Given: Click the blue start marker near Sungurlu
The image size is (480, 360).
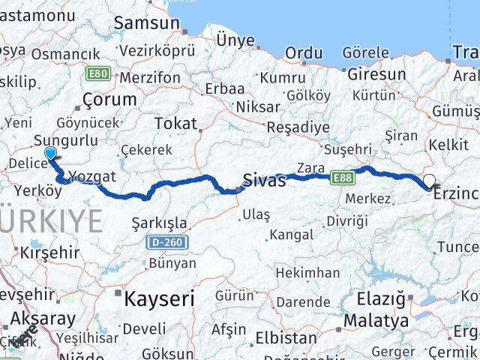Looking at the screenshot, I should pos(50,154).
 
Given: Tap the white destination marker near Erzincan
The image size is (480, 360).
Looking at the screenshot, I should pos(430,180).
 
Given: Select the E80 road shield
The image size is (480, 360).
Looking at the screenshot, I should pos(98,73).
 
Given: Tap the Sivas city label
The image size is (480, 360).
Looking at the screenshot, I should pos(264,180).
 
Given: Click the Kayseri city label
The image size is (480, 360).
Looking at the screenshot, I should pos(158,298).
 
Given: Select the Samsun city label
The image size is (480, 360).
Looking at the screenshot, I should pos(146,22).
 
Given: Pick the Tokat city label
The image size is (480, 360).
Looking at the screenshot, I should pos(175,124).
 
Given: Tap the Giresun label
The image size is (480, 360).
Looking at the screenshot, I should pos(376,74).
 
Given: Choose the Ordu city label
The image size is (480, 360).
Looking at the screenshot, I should pos(303,52).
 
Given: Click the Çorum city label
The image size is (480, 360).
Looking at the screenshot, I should pos(109,99).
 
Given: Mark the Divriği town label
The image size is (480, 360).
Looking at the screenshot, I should pos(347,220).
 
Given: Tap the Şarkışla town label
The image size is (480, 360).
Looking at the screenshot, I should pos(159,223).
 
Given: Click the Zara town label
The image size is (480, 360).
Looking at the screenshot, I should pos(310,166).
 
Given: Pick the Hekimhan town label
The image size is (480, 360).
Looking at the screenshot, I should pos(307,272).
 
